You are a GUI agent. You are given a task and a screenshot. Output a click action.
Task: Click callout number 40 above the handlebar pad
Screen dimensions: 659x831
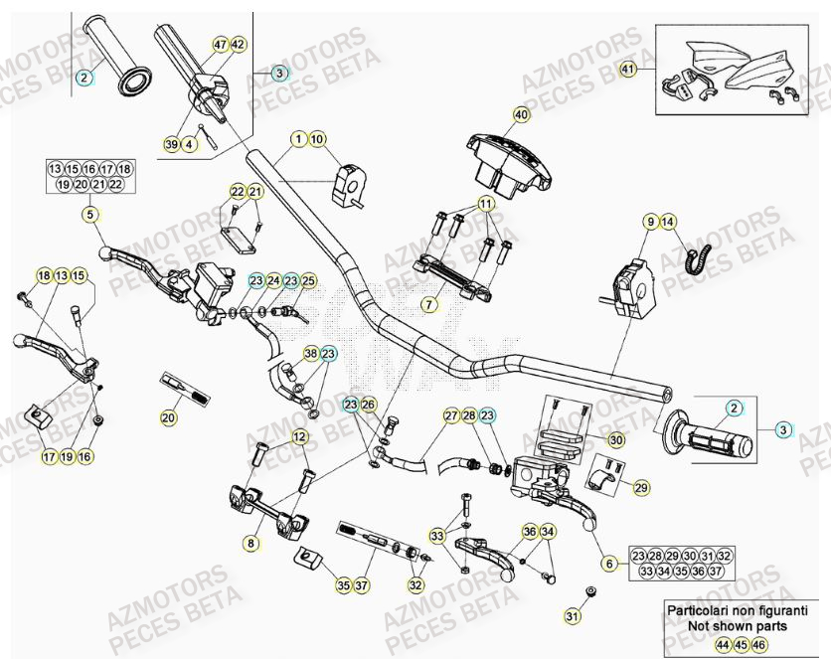[521, 114]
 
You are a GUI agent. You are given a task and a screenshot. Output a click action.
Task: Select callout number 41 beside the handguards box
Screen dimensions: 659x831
[627, 70]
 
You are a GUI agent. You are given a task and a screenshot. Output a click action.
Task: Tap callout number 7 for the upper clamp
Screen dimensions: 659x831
[429, 303]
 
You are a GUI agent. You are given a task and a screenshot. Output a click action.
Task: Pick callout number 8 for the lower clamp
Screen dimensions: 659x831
[250, 543]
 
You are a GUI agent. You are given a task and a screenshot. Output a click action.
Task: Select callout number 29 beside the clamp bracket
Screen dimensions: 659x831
[640, 487]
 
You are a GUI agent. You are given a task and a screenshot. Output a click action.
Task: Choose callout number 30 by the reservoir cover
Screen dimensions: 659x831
[615, 439]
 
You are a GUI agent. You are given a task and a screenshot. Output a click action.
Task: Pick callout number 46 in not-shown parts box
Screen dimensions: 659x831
[760, 645]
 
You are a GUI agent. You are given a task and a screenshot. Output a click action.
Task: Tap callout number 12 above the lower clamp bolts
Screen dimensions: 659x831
[299, 435]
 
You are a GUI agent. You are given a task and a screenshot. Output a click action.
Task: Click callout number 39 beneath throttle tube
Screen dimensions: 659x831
[172, 145]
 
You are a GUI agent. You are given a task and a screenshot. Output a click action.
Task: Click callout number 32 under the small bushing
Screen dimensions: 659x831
[415, 585]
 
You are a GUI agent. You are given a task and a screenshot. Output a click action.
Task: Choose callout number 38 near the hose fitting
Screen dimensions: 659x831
[310, 353]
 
